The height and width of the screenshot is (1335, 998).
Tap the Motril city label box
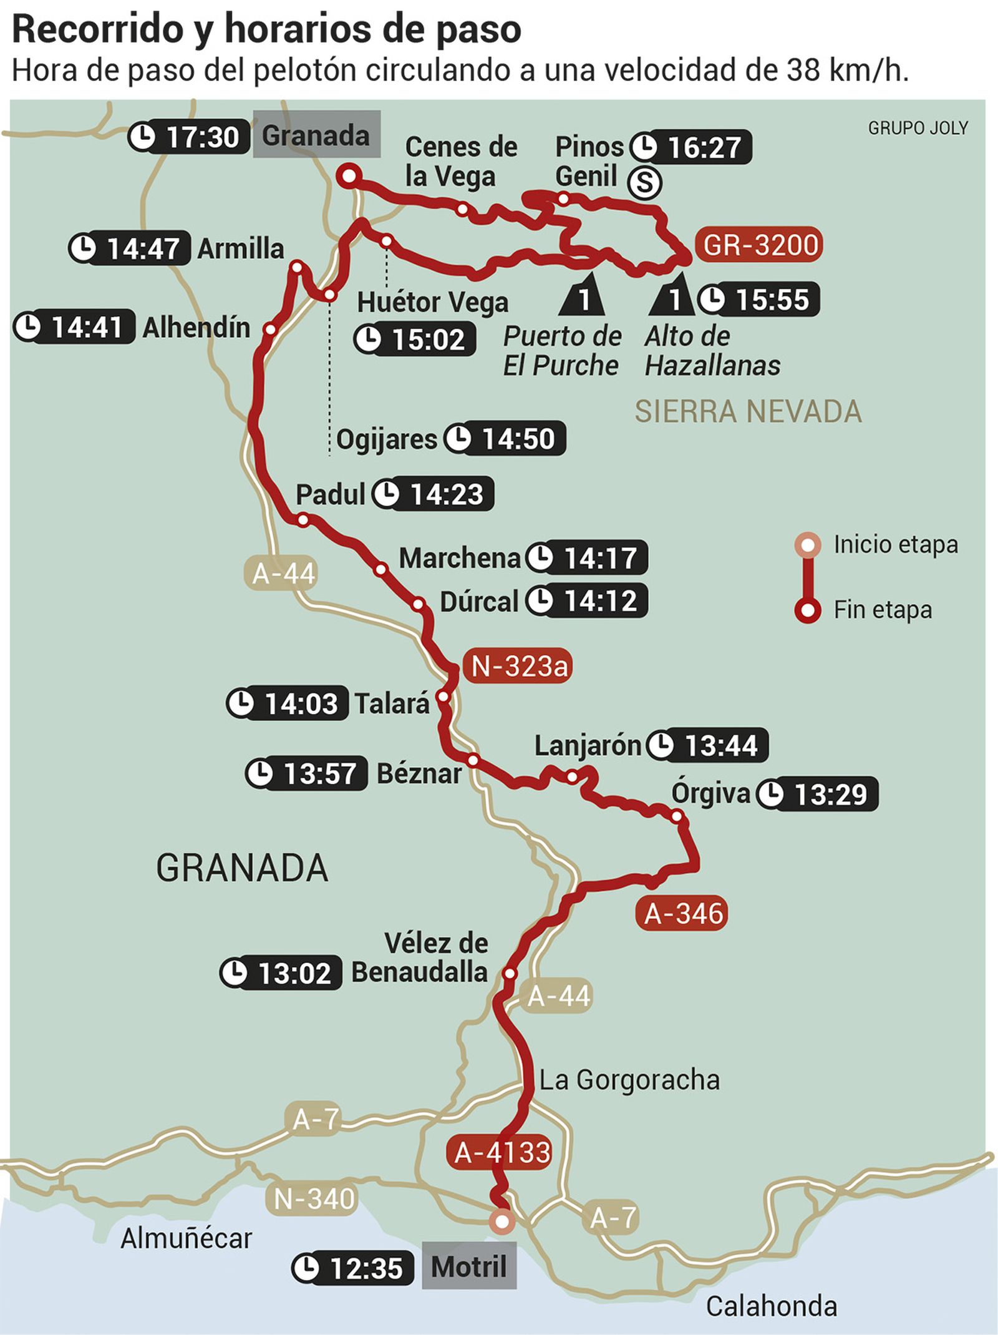click(469, 1266)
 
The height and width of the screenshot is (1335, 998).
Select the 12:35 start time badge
click(352, 1268)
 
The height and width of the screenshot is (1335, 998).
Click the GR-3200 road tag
click(759, 245)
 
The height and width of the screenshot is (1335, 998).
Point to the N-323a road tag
click(518, 667)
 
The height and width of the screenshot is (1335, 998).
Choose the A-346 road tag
click(682, 914)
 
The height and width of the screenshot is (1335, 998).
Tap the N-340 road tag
click(314, 1199)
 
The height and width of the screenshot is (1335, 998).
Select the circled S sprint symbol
click(644, 183)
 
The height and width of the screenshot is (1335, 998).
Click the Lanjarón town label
click(587, 746)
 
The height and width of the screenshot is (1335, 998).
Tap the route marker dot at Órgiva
click(676, 816)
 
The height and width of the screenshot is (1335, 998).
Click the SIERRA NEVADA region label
click(748, 411)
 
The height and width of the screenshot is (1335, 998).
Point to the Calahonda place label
click(771, 1306)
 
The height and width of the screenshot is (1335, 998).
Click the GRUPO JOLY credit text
click(918, 128)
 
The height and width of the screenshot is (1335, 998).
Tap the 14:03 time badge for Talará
click(288, 703)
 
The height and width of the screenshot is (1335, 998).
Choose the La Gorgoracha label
click(629, 1080)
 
